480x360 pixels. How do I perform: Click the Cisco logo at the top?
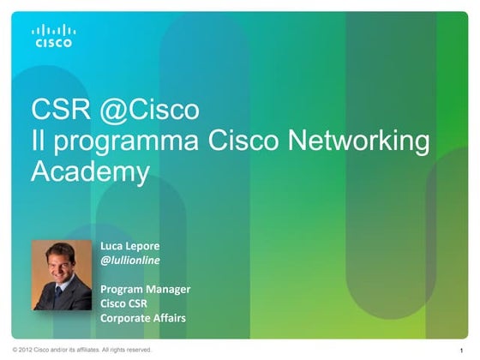pos(53,35)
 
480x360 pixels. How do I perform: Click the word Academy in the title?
pos(90,171)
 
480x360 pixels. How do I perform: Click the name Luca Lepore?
pos(129,244)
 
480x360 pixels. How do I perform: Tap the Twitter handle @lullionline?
pos(130,260)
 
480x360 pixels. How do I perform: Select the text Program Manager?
pos(145,289)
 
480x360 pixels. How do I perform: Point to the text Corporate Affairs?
pos(142,319)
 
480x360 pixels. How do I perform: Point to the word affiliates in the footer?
pos(77,350)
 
